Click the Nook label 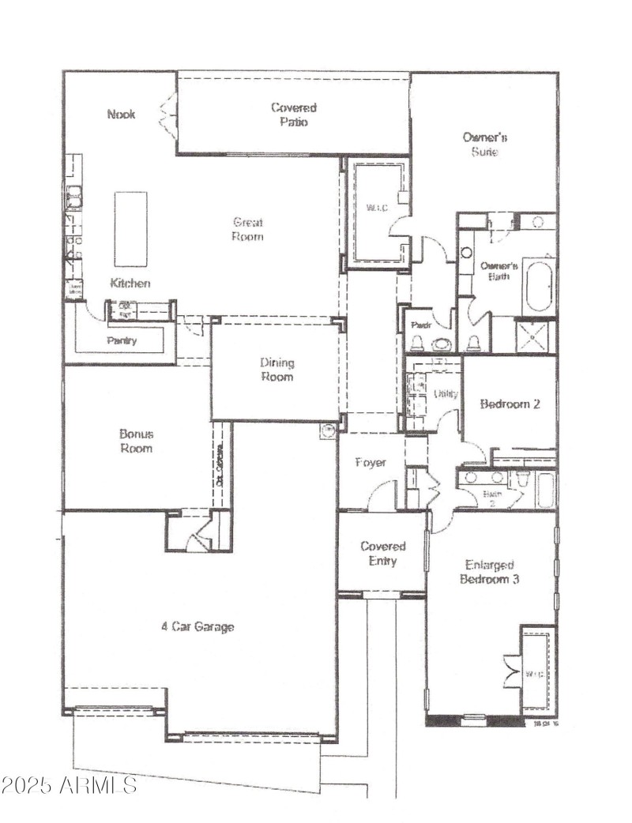[121, 115]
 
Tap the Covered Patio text [293, 115]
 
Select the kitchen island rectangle [131, 229]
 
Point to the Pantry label [122, 341]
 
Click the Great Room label [247, 229]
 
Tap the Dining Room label [276, 370]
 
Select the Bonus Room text [136, 441]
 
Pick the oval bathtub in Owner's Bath [540, 285]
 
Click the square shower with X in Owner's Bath [536, 336]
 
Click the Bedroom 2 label [510, 404]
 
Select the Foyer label [370, 462]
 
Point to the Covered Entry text [383, 553]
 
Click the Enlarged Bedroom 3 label [490, 572]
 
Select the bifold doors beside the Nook [167, 115]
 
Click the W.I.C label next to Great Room [374, 209]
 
